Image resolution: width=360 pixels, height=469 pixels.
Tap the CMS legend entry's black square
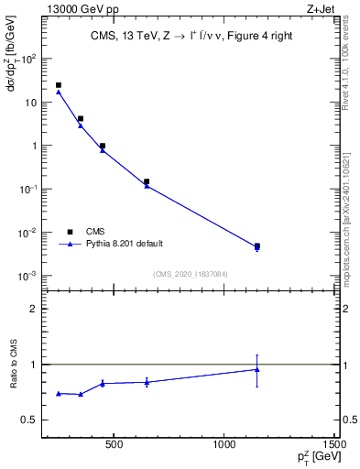tap(70, 232)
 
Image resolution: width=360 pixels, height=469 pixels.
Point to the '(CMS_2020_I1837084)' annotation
tap(191, 273)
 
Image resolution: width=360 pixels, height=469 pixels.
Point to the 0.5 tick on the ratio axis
tap(31, 420)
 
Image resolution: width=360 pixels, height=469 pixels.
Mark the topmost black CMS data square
tap(59, 85)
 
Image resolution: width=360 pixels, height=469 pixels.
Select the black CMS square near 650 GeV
tap(147, 181)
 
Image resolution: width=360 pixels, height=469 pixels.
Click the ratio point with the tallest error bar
tap(257, 369)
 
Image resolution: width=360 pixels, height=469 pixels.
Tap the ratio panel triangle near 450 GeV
tap(103, 383)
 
